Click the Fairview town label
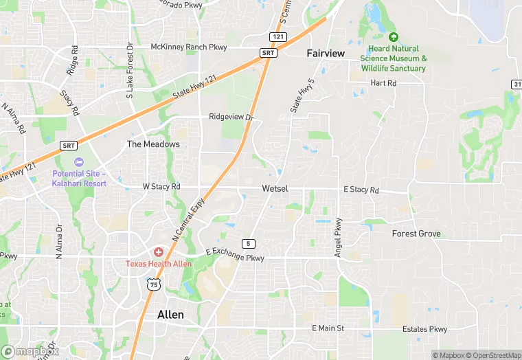(326, 53)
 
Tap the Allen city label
(170, 314)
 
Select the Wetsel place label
(275, 188)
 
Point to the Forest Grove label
(416, 234)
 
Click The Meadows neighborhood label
(153, 144)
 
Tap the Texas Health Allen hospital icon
(159, 253)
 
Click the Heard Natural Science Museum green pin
(393, 37)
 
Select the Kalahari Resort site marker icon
(78, 162)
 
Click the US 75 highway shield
(153, 284)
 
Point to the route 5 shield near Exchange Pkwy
(248, 244)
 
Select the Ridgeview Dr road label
(231, 117)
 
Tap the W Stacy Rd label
(161, 186)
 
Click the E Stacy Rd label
(361, 190)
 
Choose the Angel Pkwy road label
(338, 238)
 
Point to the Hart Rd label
(383, 83)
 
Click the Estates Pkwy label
(424, 329)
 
